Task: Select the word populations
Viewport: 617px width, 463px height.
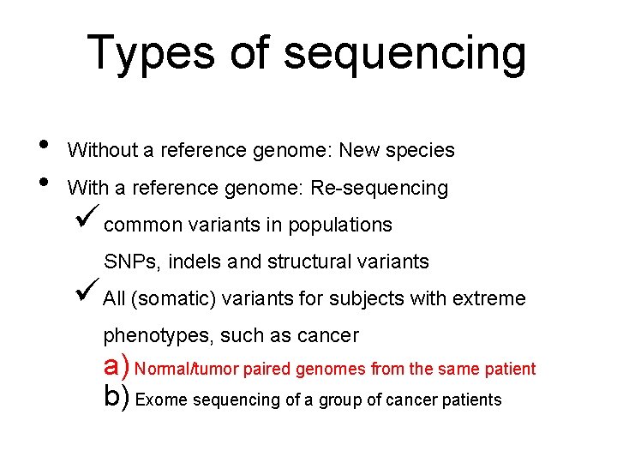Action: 340,225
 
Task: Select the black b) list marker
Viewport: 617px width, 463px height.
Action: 117,397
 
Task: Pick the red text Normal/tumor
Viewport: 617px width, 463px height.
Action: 188,370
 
